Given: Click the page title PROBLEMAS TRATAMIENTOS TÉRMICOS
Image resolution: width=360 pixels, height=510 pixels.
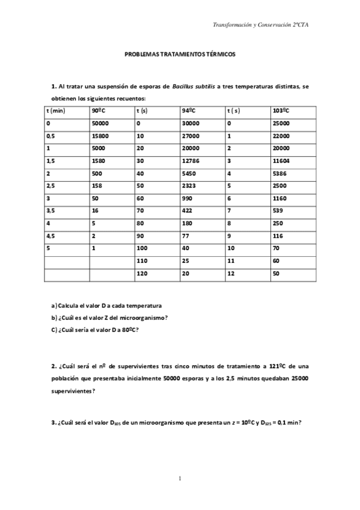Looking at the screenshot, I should click(x=180, y=54).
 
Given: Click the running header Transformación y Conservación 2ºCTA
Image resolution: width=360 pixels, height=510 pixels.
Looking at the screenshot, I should click(x=261, y=25).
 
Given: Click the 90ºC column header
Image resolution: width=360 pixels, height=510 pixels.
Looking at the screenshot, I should click(x=100, y=111).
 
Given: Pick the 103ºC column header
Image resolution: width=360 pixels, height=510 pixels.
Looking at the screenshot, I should click(x=281, y=111).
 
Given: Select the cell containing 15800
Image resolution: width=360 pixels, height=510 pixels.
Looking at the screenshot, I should click(x=100, y=136).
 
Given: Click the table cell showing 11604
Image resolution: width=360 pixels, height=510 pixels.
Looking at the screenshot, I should click(x=281, y=161).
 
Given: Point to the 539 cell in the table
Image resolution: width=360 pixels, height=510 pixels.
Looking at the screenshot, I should click(x=277, y=211).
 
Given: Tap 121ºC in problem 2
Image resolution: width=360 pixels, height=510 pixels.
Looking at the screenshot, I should click(x=278, y=366).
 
